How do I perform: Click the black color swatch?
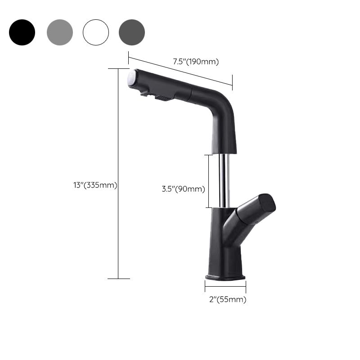tap(22, 32)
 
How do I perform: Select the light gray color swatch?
tap(59, 32)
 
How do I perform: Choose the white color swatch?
tap(96, 32)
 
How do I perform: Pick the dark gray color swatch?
tap(132, 32)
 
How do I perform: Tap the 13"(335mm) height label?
tap(95, 185)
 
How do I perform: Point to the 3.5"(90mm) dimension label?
tap(183, 189)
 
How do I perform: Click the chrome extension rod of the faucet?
tap(224, 180)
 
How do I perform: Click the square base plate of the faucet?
tap(225, 276)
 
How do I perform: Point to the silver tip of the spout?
tap(132, 78)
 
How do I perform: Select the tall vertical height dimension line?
tap(118, 173)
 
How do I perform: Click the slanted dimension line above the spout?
tap(180, 69)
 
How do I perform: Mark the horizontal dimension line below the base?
tap(225, 286)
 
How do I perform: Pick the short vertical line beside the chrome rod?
tap(208, 181)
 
